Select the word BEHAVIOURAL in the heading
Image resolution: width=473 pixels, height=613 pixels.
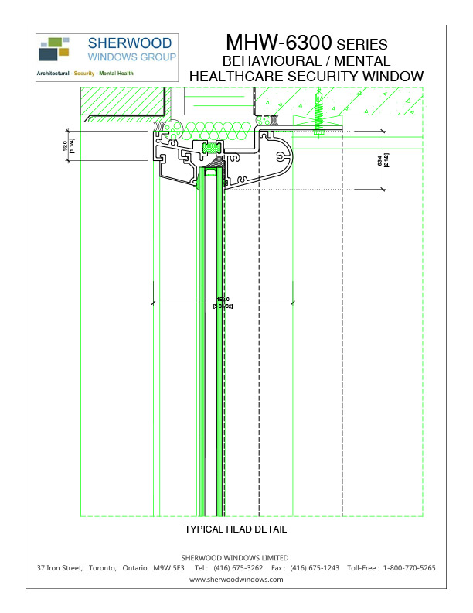coord(271,60)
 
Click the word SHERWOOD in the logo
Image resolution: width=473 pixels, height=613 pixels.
coord(122,43)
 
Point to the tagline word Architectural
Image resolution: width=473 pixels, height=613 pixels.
coord(53,74)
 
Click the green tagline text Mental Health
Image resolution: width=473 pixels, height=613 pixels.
coord(115,74)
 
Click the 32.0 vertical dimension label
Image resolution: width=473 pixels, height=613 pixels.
coord(66,144)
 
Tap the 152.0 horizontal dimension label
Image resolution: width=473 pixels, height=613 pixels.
coord(223,299)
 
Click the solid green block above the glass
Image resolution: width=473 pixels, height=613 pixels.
coord(210,147)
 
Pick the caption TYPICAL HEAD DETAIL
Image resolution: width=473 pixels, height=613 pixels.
coord(236,530)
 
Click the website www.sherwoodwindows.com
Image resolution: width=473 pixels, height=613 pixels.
coord(236,579)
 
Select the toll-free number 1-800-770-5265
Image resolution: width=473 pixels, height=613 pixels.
coord(408,568)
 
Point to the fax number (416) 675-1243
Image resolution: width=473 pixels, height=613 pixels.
coord(316,568)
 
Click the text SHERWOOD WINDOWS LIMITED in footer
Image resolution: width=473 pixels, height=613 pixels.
coord(236,557)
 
